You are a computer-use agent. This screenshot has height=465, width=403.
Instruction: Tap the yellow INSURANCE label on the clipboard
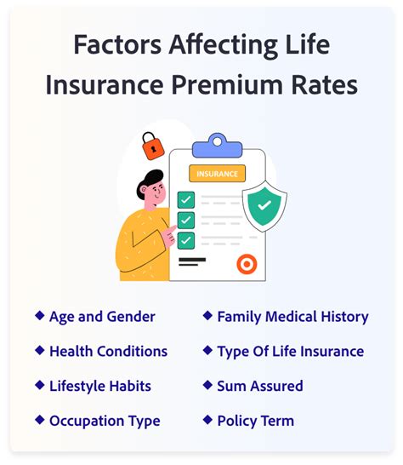pos(217,174)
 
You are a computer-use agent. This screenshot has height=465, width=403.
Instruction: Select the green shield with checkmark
pos(264,206)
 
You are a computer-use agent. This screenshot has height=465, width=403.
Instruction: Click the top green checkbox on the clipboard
pos(186,200)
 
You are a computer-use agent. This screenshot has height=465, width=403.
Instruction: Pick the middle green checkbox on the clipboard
pos(186,220)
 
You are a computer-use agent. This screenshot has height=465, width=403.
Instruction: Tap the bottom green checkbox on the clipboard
pos(186,240)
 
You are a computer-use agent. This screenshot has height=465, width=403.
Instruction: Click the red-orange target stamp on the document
pos(247,264)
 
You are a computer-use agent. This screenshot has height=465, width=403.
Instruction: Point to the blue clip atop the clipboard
pos(217,146)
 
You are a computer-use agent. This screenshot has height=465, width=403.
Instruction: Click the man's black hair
pos(150,181)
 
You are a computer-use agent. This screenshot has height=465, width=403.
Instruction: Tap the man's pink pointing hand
pos(169,237)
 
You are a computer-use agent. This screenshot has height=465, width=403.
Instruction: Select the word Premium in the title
pos(227,85)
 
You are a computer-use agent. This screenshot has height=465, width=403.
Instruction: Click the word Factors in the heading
pos(117,45)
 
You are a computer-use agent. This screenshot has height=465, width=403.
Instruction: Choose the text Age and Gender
pos(102,317)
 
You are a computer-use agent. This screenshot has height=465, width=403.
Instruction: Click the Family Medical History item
pos(292,317)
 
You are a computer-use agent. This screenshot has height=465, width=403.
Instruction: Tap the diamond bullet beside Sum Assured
pos(207,385)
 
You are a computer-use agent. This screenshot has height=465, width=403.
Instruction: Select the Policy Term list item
pos(256,421)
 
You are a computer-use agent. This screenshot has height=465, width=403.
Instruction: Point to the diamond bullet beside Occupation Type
pos(40,420)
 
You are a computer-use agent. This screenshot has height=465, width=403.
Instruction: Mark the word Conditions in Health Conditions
pos(132,351)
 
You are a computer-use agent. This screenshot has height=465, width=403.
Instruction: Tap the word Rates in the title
pos(324,85)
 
